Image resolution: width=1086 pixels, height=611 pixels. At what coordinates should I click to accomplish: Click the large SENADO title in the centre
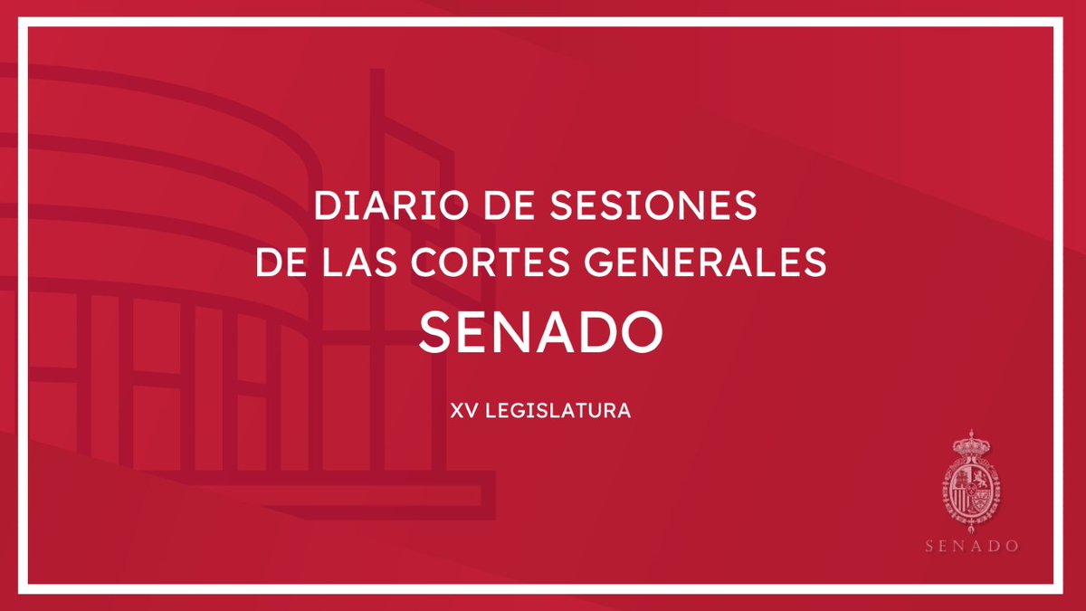pos(542,332)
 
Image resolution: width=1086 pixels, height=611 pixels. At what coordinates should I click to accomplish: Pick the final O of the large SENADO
pos(645,332)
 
